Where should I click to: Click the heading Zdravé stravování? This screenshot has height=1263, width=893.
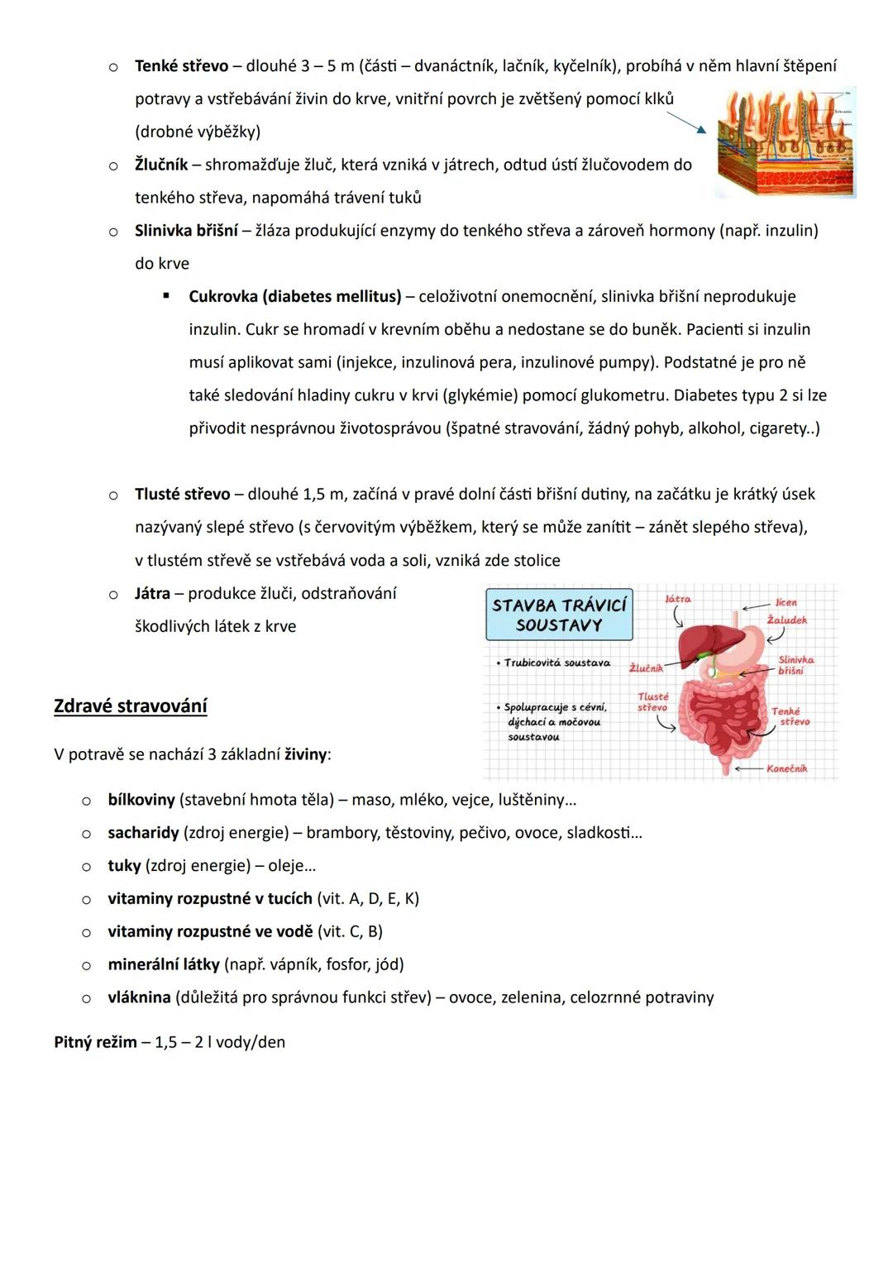(130, 706)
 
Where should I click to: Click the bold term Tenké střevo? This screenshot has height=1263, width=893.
(181, 65)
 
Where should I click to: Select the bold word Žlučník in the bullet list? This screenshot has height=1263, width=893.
(161, 165)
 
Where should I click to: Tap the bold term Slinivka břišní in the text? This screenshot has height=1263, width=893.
(186, 231)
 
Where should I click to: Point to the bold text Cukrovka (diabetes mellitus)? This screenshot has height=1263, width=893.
(294, 296)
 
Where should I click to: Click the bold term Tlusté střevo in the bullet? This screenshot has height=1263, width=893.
(182, 494)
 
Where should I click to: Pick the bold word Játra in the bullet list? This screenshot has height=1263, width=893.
(152, 593)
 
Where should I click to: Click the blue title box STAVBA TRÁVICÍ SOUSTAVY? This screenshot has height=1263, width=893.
(559, 615)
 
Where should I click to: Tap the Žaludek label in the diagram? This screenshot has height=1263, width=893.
(786, 620)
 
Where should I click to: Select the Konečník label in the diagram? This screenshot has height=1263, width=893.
(786, 768)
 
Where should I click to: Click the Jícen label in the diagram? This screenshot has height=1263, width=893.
(786, 602)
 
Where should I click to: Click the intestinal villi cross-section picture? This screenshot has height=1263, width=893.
(785, 142)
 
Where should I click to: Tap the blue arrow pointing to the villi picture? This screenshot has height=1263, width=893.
(686, 122)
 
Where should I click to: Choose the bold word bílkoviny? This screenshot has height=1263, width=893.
(141, 800)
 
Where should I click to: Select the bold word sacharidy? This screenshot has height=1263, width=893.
(143, 833)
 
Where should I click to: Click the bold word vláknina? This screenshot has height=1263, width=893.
(139, 997)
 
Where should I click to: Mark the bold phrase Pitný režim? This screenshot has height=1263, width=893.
(95, 1042)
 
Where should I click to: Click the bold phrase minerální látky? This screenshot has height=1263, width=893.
(163, 964)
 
